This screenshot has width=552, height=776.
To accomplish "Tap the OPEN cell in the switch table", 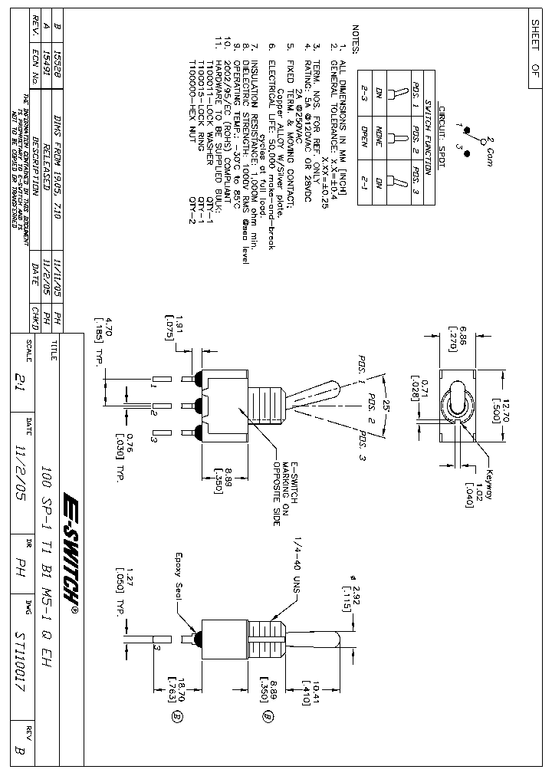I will pos(365,140).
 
